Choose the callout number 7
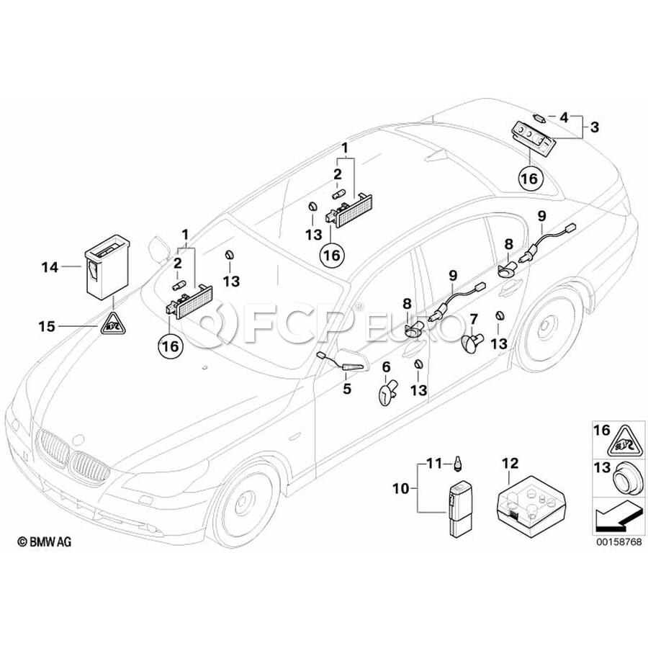pyautogui.click(x=474, y=318)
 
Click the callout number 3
pyautogui.click(x=594, y=127)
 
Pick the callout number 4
pyautogui.click(x=564, y=116)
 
